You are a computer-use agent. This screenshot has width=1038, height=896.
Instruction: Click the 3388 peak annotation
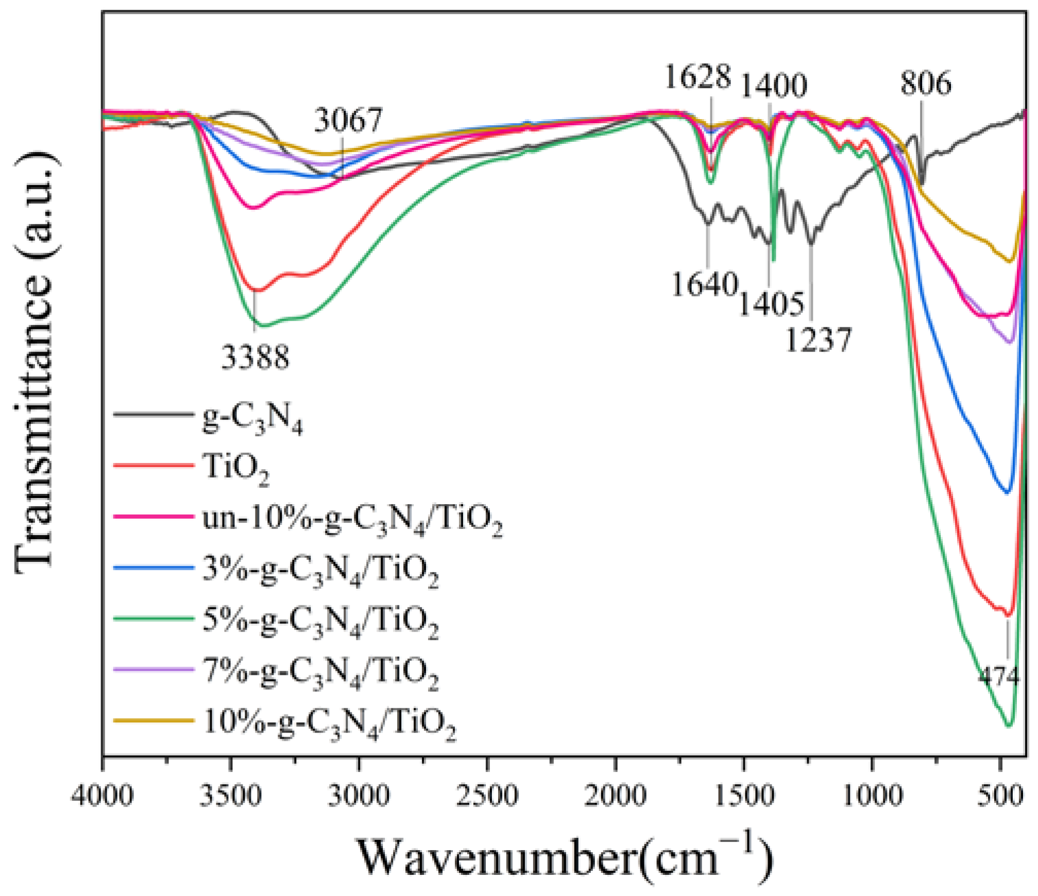pyautogui.click(x=255, y=357)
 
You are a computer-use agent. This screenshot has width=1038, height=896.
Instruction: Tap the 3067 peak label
pyautogui.click(x=348, y=120)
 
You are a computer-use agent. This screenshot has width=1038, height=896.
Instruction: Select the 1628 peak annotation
pyautogui.click(x=697, y=77)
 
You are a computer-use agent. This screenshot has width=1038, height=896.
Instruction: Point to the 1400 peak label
pyautogui.click(x=773, y=86)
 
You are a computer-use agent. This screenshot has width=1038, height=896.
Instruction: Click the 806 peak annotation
pyautogui.click(x=926, y=83)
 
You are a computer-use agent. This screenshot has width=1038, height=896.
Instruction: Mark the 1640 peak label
pyautogui.click(x=705, y=284)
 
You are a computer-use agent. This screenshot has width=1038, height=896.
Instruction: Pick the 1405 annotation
pyautogui.click(x=771, y=303)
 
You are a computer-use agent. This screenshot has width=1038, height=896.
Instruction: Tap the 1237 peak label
pyautogui.click(x=818, y=340)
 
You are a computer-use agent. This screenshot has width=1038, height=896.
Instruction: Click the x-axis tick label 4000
pyautogui.click(x=103, y=795)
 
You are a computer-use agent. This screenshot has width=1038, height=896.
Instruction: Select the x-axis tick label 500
pyautogui.click(x=1000, y=795)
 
